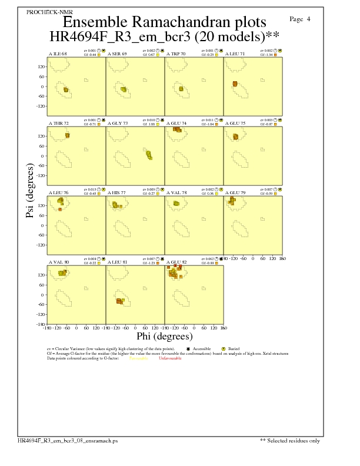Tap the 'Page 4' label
[x=300, y=19]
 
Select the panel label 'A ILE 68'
[x=58, y=54]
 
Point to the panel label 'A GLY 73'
[x=118, y=124]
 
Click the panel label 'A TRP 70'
[x=176, y=54]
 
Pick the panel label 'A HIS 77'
[x=117, y=192]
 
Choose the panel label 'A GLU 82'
[x=176, y=262]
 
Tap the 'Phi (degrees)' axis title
[x=164, y=337]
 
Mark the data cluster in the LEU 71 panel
[x=235, y=85]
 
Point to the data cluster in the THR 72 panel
[x=68, y=135]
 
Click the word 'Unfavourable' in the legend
[x=170, y=358]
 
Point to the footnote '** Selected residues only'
[x=290, y=440]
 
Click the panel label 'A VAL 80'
[x=58, y=262]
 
